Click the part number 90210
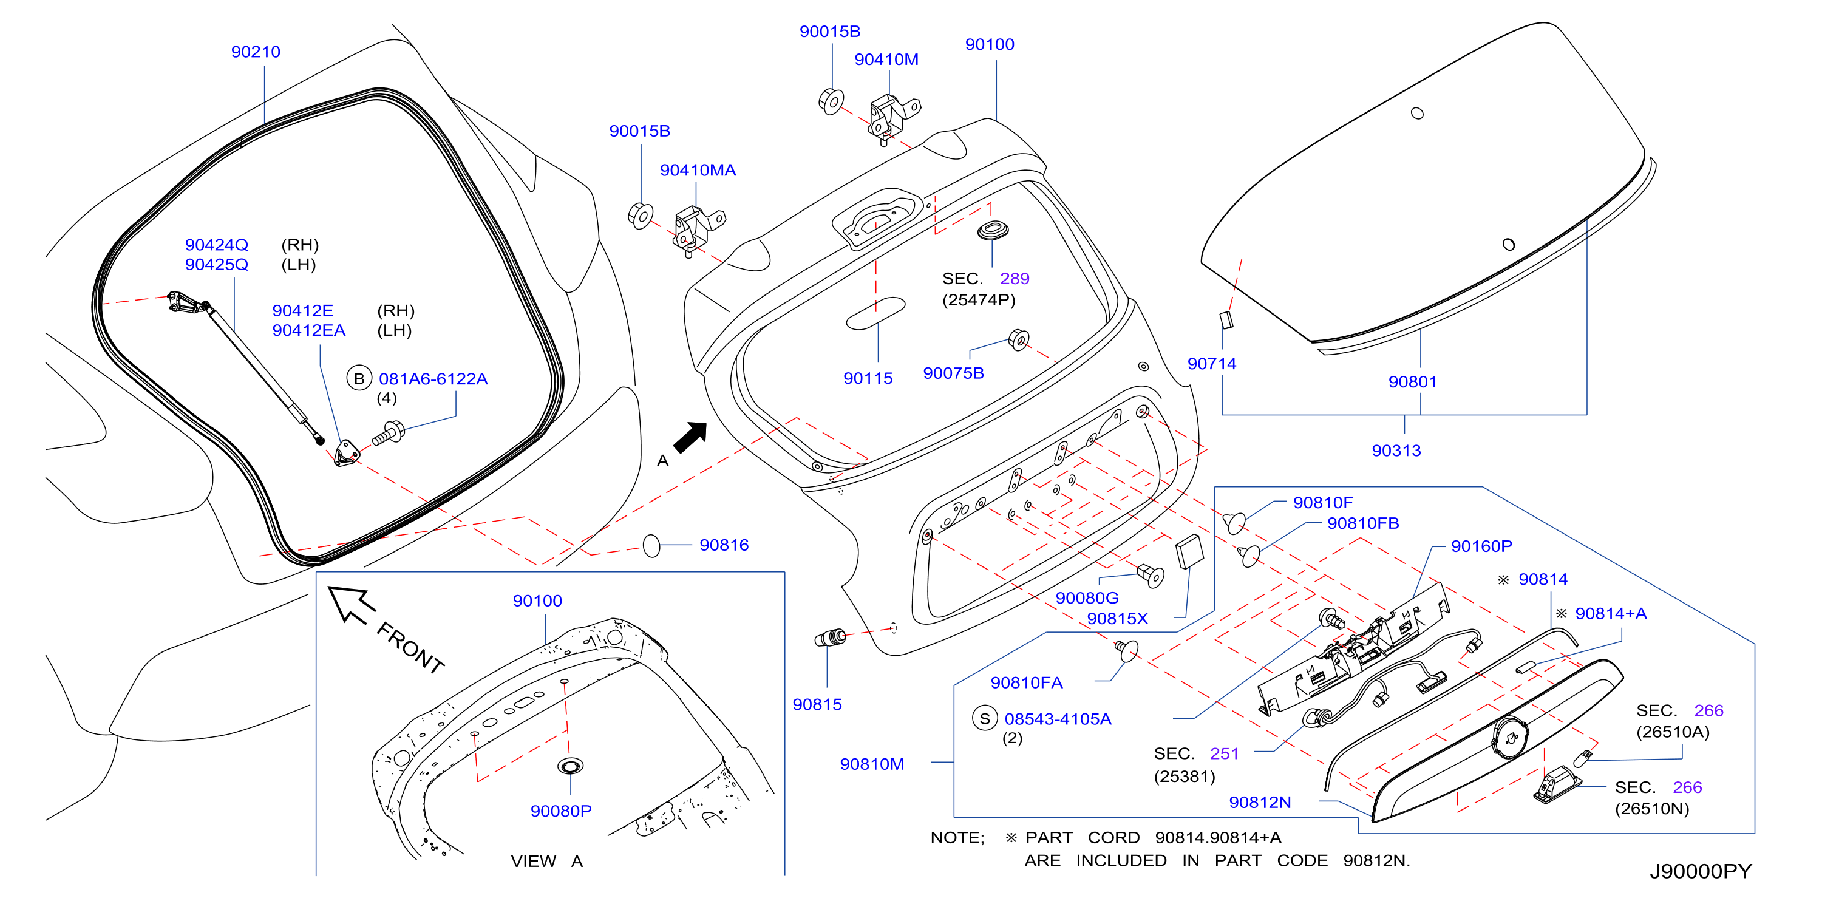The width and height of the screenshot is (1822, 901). click(256, 52)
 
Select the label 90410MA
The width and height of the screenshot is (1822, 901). click(698, 170)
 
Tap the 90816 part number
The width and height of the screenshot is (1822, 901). click(724, 545)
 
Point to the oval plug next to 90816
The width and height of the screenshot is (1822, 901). click(651, 546)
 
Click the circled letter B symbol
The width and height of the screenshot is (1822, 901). click(359, 378)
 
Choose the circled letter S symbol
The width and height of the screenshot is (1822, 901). click(985, 718)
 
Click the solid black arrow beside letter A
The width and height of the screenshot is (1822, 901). click(691, 437)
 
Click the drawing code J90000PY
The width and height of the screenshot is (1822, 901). click(1701, 871)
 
